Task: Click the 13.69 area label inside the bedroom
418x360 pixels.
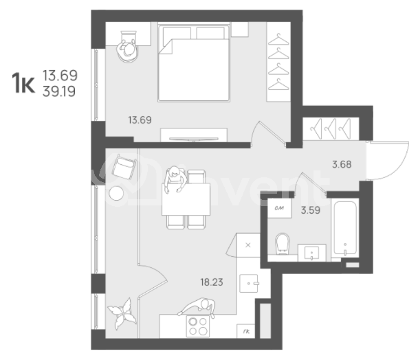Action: pos(139,120)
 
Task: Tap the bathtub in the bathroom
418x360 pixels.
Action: pos(344,227)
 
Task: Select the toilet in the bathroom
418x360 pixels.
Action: pos(282,245)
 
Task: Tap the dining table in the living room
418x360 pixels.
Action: pos(185,200)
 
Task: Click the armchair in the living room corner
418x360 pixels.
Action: pos(124,168)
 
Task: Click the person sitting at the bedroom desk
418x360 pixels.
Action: pos(127,47)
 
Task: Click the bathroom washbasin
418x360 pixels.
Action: pos(314,252)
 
